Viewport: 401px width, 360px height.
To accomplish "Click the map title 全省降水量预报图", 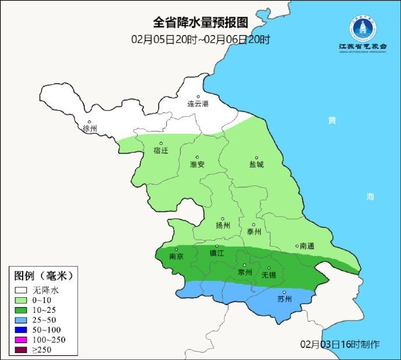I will click(201, 23).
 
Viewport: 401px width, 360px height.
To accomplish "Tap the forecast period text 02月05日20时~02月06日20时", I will click(201, 40).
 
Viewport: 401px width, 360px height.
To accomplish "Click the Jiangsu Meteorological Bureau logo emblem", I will click(363, 27).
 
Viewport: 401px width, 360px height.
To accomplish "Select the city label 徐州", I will click(90, 129).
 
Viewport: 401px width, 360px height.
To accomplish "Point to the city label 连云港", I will click(198, 104).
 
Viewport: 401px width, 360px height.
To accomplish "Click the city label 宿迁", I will click(160, 151).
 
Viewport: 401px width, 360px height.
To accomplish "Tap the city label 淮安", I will click(197, 165).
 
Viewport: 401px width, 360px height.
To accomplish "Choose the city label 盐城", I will click(256, 165).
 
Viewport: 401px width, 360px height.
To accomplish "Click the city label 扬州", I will click(223, 226).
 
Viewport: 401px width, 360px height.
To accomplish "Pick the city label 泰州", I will click(254, 231).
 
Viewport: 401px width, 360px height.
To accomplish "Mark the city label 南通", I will click(306, 247).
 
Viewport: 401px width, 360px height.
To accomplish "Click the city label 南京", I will click(176, 256).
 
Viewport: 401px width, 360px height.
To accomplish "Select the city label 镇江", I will click(217, 254).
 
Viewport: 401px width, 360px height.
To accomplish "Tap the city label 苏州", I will click(284, 300).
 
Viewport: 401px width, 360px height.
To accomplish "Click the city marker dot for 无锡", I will click(268, 268).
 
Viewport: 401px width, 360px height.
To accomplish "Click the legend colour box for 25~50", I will click(22, 319).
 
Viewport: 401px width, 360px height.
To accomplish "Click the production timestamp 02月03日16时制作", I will click(340, 344).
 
